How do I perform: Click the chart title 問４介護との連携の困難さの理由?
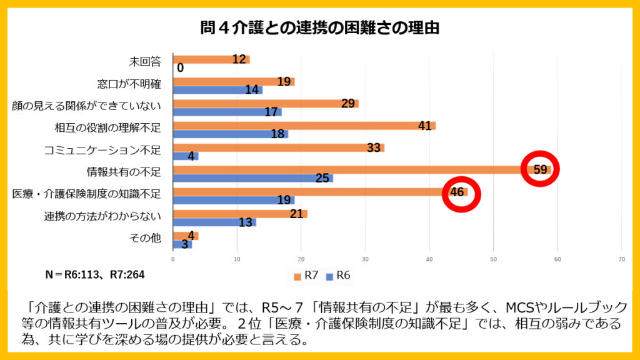click(319, 27)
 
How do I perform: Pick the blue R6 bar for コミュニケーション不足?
click(185, 156)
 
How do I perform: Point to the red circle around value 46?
click(462, 193)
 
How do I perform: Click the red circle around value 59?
click(539, 169)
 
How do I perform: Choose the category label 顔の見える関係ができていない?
click(86, 106)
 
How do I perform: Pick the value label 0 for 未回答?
click(180, 68)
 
